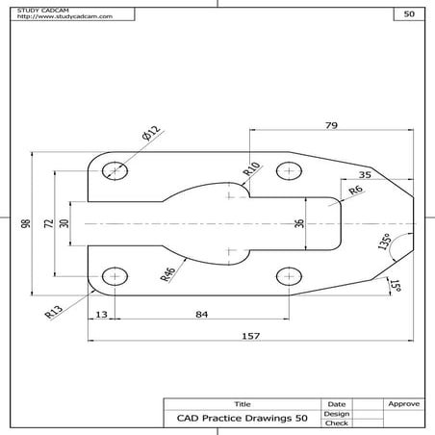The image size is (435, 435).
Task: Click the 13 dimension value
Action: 100,313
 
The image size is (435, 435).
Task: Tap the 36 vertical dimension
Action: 298,223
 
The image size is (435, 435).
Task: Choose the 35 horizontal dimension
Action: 365,174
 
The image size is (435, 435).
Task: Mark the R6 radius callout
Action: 356,192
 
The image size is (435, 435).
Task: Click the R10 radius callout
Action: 251,168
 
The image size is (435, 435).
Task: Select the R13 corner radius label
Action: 54,310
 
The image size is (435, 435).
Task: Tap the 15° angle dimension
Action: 396,285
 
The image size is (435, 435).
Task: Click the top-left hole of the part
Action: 116,170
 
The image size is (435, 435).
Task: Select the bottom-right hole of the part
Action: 288,277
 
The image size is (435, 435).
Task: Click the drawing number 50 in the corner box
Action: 409,14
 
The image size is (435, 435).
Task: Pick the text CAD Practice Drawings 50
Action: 242,418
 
